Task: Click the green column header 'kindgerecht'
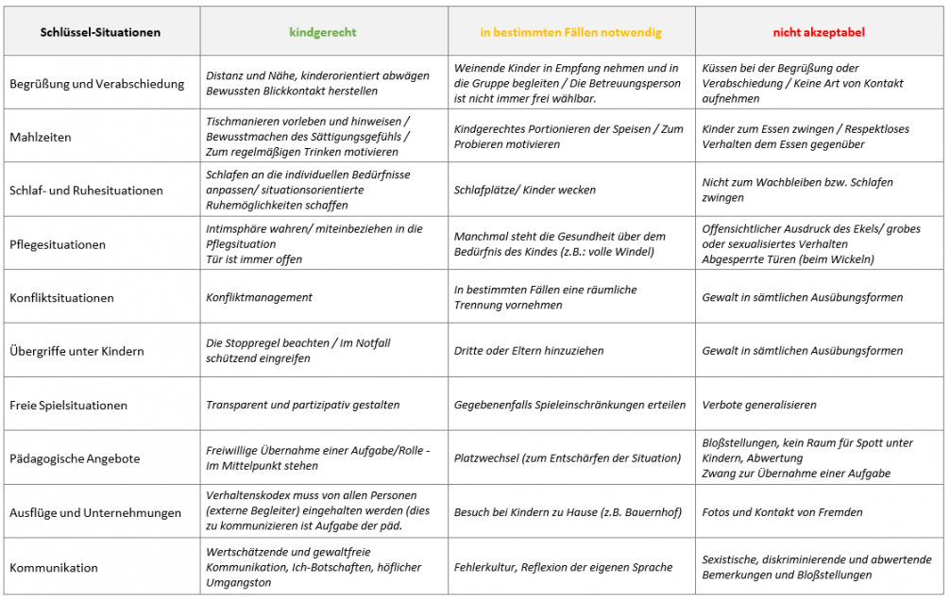point(323,32)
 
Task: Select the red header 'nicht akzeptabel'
point(819,32)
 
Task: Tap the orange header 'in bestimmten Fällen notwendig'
point(571,32)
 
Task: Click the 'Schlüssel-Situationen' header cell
point(101,32)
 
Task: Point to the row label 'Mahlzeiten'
point(41,137)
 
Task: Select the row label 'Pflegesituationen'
point(58,244)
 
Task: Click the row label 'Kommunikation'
point(54,568)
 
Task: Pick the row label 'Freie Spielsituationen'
point(68,406)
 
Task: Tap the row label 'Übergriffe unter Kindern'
point(76,351)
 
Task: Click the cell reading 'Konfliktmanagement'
point(259,297)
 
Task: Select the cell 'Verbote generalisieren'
point(759,405)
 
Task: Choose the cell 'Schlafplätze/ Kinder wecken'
point(525,190)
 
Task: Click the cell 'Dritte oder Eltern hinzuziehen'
point(529,351)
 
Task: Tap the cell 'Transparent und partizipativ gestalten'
point(302,405)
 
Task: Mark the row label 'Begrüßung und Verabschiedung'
point(96,83)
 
